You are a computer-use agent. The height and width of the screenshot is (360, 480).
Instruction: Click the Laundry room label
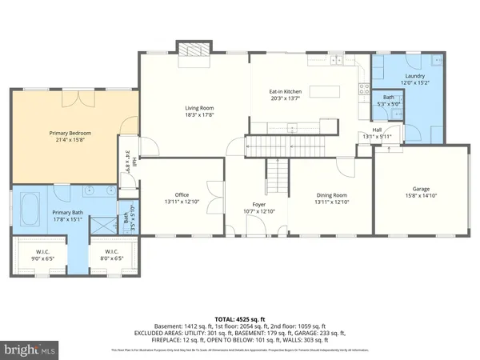[415, 76]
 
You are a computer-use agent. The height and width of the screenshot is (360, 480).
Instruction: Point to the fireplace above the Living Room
[192, 50]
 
